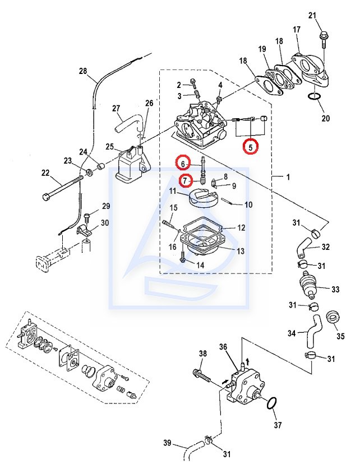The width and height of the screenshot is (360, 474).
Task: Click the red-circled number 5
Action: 251,147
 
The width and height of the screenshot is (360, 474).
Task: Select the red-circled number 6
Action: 183,164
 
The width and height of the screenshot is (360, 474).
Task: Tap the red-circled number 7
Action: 185,181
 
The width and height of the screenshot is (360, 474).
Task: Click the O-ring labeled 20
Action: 315,97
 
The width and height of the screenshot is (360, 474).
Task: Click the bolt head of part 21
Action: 322,35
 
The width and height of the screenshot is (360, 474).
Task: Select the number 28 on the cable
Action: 83,71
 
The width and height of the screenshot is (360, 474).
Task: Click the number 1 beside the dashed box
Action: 288,177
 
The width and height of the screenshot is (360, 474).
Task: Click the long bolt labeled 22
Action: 63,188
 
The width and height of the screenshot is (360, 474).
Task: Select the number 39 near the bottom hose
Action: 167,443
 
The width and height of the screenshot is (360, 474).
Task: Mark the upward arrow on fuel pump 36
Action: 248,361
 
